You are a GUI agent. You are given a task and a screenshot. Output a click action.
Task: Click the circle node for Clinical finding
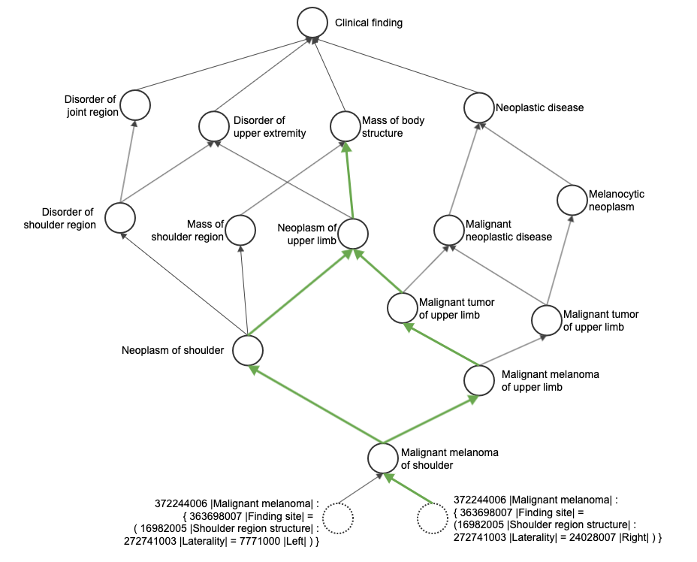click(312, 23)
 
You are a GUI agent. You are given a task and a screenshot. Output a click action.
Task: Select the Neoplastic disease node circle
click(478, 107)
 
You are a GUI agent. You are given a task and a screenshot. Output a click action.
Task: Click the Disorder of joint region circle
click(135, 104)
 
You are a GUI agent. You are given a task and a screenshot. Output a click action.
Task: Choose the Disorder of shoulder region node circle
click(120, 218)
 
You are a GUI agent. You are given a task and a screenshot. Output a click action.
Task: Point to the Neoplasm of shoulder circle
click(247, 350)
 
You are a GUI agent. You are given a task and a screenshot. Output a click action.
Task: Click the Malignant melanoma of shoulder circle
click(383, 458)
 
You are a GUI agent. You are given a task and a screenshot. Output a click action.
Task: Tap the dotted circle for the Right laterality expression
click(432, 518)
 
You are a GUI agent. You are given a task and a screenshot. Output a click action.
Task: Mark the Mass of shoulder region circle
click(240, 231)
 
